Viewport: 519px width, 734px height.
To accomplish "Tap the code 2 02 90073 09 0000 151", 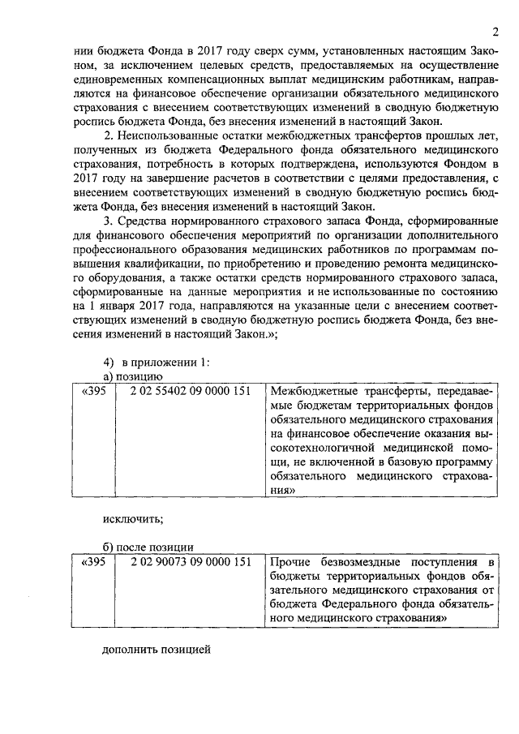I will pos(190,562).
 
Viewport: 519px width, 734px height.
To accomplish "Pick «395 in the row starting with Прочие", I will pos(94,562).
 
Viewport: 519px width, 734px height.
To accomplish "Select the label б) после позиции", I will pos(148,546).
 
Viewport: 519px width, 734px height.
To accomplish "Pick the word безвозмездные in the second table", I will pos(364,562).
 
